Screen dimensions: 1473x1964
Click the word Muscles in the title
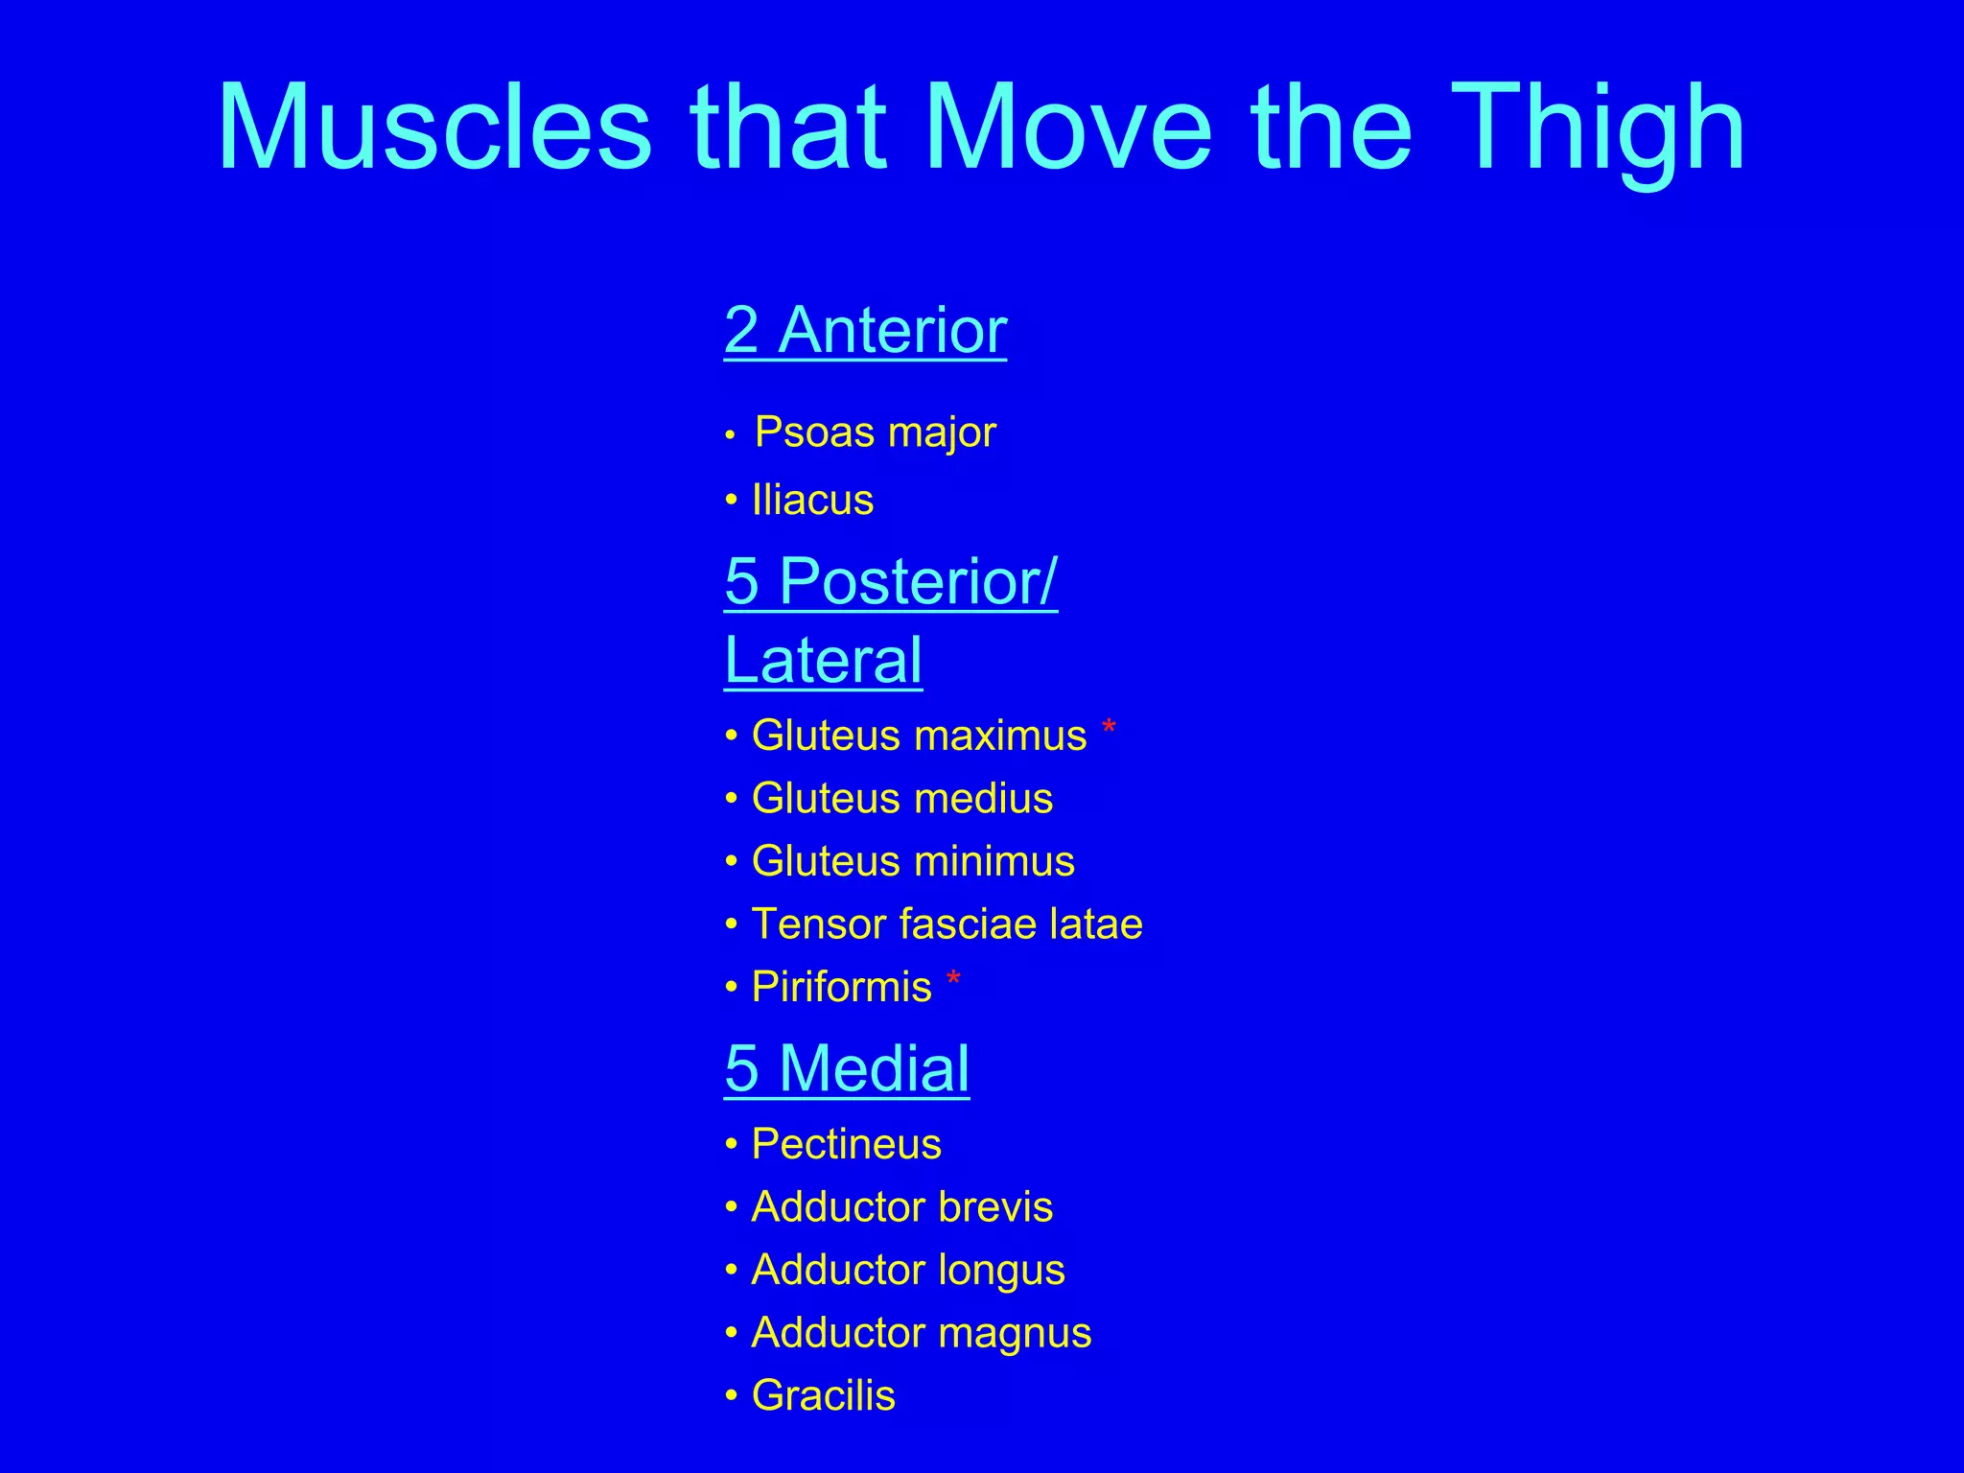click(x=434, y=129)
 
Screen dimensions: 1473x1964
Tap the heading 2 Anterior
click(x=865, y=331)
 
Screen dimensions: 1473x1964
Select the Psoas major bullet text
click(x=875, y=433)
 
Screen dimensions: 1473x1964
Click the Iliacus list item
click(x=812, y=501)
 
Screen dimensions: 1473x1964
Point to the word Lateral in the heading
click(x=823, y=661)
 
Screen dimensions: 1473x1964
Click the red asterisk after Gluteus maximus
click(x=1109, y=729)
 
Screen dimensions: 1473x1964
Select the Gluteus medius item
click(x=901, y=799)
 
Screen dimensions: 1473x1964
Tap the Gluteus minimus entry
click(x=912, y=861)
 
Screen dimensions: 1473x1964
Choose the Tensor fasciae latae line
click(x=947, y=924)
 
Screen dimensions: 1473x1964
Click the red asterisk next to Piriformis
click(x=953, y=980)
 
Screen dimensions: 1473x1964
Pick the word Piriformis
click(x=841, y=987)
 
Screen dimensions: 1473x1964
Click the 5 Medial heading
click(x=847, y=1068)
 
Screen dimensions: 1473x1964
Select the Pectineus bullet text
click(x=846, y=1144)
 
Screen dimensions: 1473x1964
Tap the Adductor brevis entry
click(x=901, y=1207)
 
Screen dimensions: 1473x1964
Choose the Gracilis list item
click(x=823, y=1395)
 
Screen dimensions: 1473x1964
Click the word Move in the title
click(x=1068, y=129)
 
